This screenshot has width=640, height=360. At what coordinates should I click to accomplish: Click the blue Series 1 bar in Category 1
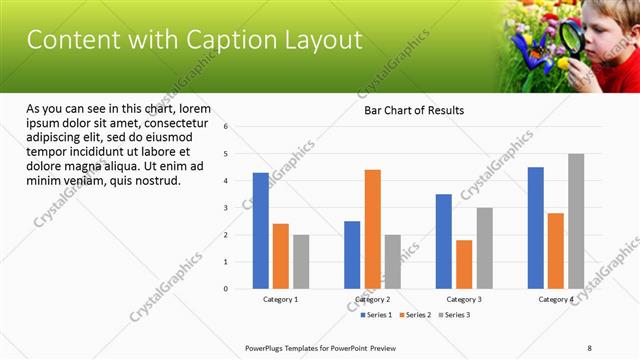[260, 231]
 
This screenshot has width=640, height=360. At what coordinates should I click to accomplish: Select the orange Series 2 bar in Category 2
[372, 229]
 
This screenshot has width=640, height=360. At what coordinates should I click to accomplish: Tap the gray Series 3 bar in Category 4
[576, 221]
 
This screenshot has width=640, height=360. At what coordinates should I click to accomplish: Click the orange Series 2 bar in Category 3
[464, 264]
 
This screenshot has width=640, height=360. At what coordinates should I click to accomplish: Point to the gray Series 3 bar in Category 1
[301, 262]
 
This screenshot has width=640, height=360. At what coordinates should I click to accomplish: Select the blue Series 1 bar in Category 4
[536, 228]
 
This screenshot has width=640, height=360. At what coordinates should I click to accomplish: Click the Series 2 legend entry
[416, 315]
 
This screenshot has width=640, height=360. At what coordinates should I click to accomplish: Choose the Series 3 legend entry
[456, 315]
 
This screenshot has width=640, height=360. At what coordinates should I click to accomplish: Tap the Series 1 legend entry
[376, 315]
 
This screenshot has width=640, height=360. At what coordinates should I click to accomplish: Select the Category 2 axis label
[372, 299]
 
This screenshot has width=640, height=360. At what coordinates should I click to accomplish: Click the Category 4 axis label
[556, 299]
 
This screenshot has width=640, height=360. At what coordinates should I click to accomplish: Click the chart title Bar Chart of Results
[413, 110]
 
